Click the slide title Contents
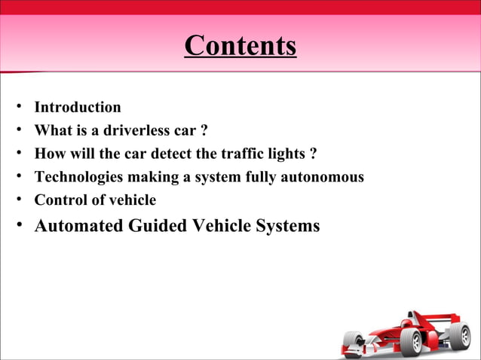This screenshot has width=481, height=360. (x=240, y=46)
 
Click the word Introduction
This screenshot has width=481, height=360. (x=78, y=108)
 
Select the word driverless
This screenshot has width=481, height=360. (x=134, y=131)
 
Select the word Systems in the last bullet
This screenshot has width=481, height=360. (x=289, y=225)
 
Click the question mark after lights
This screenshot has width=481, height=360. (x=313, y=154)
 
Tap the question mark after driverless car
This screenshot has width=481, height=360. (x=204, y=131)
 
